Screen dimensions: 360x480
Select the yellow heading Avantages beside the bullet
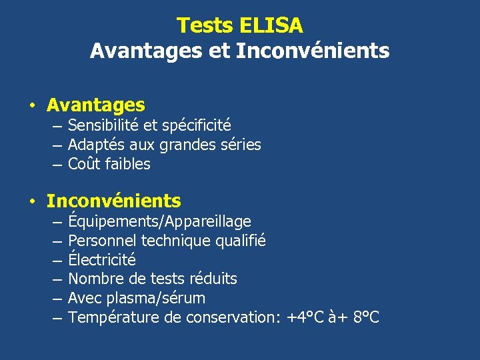click(x=95, y=105)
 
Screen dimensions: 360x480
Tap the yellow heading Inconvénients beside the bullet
click(x=113, y=201)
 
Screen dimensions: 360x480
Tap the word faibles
click(x=127, y=164)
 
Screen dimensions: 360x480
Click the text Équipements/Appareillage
click(x=159, y=221)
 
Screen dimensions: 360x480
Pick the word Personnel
click(x=101, y=241)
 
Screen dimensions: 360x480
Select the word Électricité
click(x=102, y=259)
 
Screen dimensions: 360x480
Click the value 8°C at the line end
click(x=365, y=317)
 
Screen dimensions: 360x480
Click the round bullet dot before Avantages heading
click(x=31, y=106)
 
